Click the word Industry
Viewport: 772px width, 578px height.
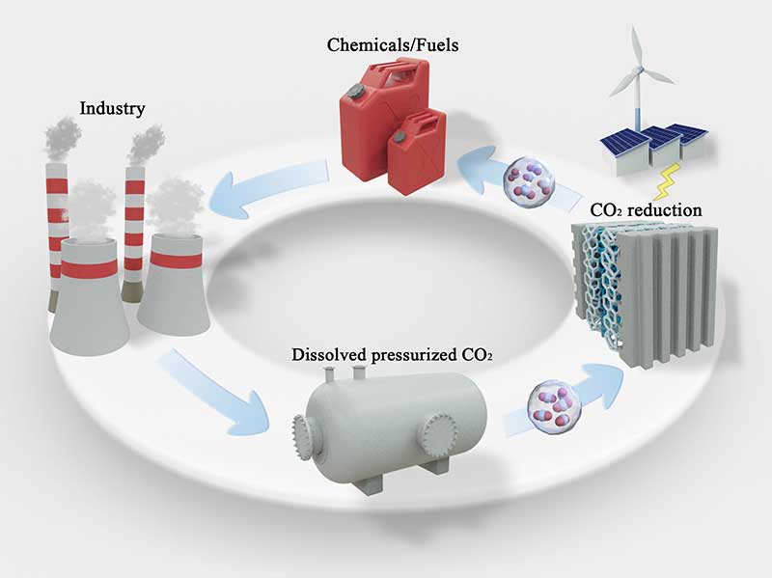coord(112,109)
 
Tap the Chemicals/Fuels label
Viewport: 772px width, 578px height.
coord(393,44)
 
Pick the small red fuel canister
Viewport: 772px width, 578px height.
coord(417,151)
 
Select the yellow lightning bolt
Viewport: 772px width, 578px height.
coord(667,181)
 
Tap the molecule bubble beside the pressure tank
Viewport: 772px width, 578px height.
coord(553,406)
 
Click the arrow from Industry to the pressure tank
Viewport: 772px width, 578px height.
coord(212,392)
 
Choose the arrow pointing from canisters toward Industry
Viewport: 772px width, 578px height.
coord(269,186)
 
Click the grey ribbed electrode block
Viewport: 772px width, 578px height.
coord(668,296)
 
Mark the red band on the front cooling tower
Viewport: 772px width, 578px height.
coord(89,267)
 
